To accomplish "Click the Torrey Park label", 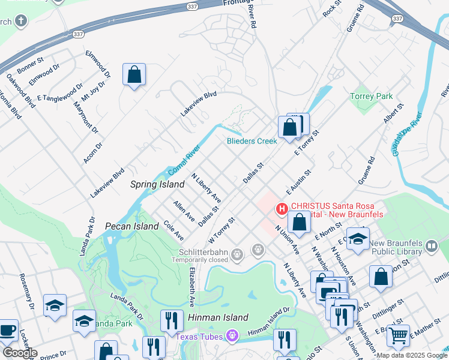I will (x=371, y=96).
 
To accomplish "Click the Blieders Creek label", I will (x=252, y=141).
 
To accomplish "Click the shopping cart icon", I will (x=397, y=335).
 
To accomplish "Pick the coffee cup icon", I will (x=8, y=329).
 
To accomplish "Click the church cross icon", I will (x=20, y=22).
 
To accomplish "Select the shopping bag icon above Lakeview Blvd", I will (x=134, y=74).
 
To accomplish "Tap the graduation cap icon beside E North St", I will (x=358, y=239).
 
